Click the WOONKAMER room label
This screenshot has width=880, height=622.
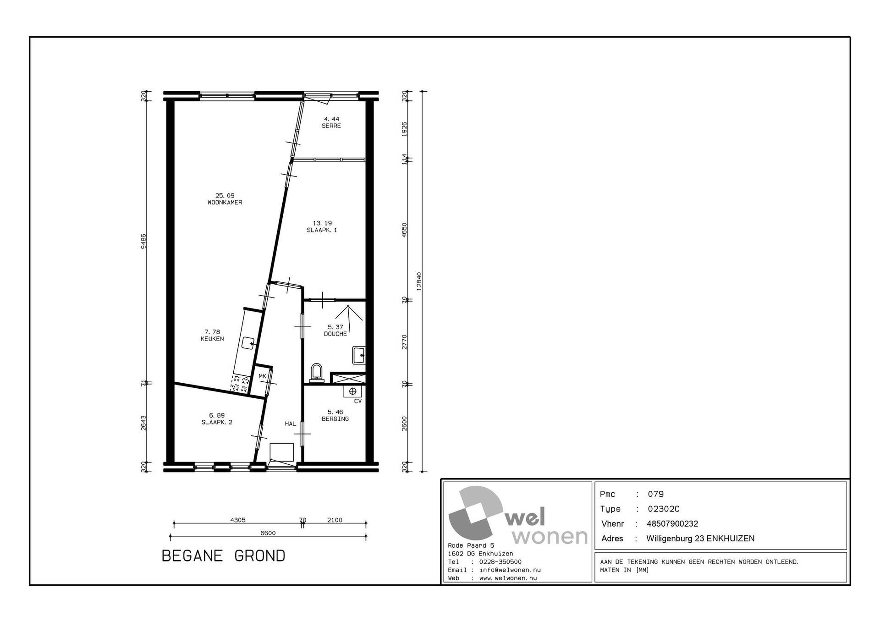coord(225,203)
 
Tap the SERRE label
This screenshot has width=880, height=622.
coord(331,126)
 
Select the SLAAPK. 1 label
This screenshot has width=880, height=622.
coord(322,230)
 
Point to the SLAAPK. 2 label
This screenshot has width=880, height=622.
coord(217,422)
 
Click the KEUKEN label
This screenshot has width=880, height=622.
coord(212,339)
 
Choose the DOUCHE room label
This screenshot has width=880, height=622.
coord(335,334)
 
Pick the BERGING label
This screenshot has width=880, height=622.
coord(335,419)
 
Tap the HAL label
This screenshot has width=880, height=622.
coord(291,424)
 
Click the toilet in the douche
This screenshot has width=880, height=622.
coord(317,373)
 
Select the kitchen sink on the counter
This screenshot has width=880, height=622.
coord(248,343)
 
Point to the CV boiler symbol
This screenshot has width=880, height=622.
coord(352,391)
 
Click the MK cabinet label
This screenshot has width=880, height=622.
coord(263,376)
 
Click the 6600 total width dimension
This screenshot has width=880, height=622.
coord(268,533)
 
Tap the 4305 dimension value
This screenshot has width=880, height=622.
coord(238,520)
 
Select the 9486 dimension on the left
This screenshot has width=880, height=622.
coord(143,241)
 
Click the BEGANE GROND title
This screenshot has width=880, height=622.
coord(224,556)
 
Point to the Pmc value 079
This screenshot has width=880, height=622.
coord(655,494)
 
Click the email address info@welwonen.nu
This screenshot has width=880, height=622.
coord(510,570)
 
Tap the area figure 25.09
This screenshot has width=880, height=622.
coord(225,196)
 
